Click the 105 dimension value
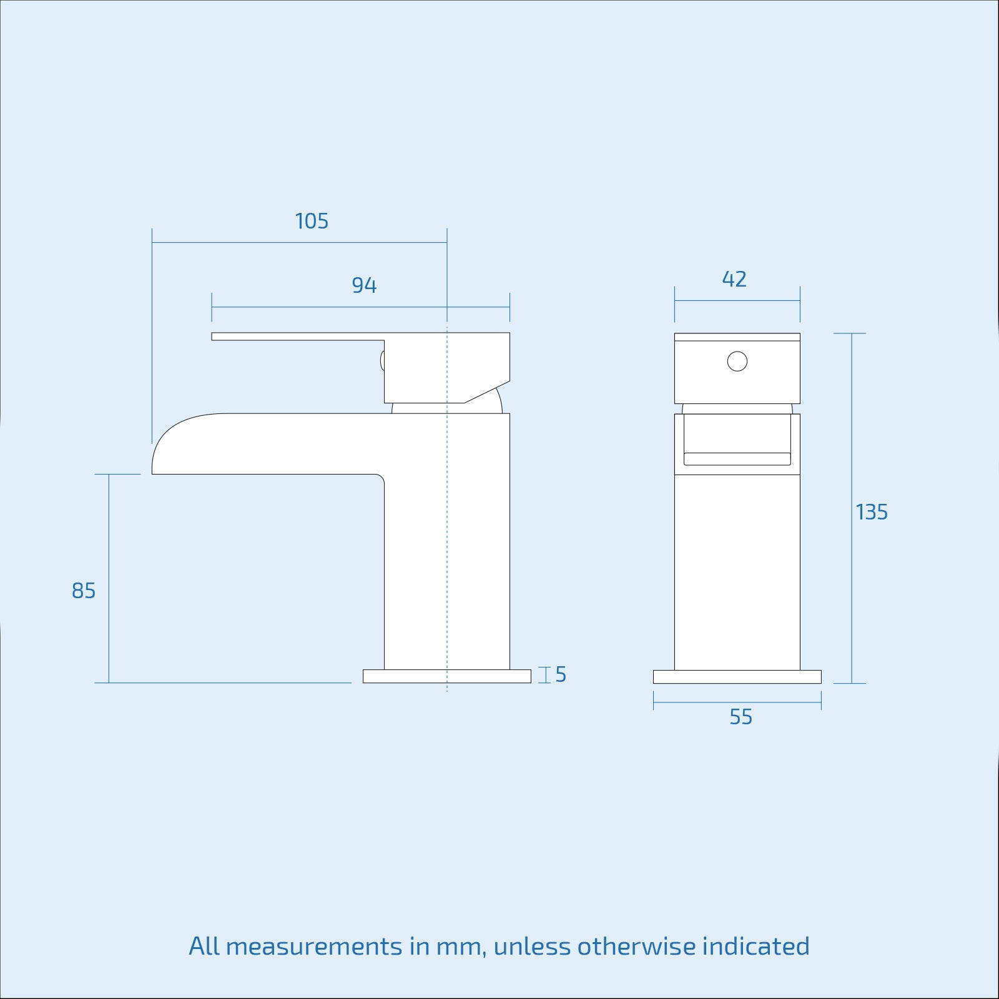click(x=312, y=221)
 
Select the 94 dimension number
click(x=364, y=285)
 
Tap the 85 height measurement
click(x=84, y=591)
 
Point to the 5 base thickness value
click(x=561, y=674)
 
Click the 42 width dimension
click(x=734, y=279)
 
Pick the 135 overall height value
click(x=872, y=512)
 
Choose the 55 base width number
click(x=741, y=717)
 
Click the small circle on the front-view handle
click(x=737, y=362)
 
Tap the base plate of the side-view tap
click(x=447, y=676)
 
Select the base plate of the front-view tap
click(x=737, y=677)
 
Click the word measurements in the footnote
click(x=314, y=947)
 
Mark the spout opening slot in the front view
click(x=737, y=459)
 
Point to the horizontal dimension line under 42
click(x=737, y=301)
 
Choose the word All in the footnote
click(x=204, y=947)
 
